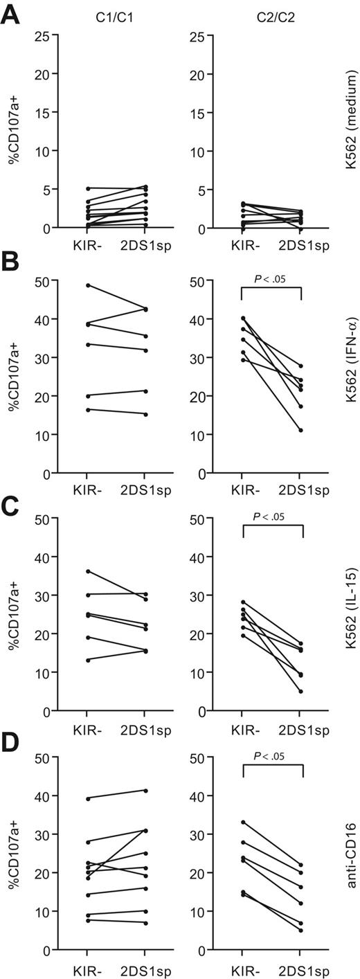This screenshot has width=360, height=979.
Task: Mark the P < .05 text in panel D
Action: coord(271,750)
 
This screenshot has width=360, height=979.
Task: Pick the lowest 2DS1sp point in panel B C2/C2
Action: coord(301,430)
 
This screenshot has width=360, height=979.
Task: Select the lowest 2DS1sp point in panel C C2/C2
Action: coord(301,691)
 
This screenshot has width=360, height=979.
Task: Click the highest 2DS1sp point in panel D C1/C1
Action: coord(145,790)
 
